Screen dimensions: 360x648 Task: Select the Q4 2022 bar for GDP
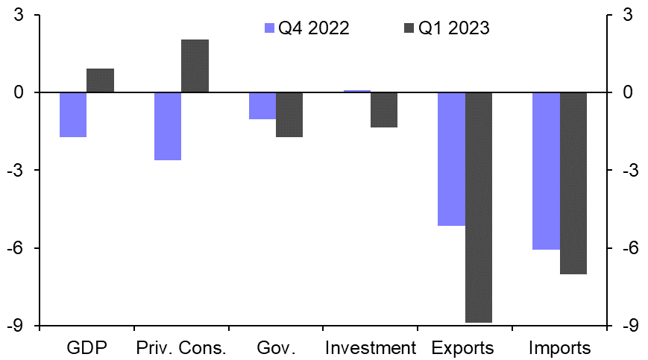point(73,115)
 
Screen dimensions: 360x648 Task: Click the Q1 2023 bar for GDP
point(100,80)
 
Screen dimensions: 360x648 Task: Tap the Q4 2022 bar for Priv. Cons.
point(168,126)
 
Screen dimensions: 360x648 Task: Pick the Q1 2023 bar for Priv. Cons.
point(195,66)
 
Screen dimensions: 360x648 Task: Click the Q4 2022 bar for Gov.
point(262,106)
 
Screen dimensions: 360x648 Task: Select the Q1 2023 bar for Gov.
point(289,115)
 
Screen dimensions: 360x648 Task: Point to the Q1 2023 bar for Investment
point(384,110)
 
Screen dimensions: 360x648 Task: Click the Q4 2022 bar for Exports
point(451,159)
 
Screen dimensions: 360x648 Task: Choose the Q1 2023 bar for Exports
point(479,207)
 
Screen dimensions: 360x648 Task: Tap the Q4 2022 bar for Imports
point(546,171)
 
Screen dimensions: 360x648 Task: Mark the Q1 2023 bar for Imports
point(573,183)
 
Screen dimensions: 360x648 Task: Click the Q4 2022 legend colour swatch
point(270,28)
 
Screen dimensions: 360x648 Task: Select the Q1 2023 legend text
point(453,28)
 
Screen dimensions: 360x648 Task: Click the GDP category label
point(87,348)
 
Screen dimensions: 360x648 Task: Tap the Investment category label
point(371,348)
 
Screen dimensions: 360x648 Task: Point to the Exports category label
point(463,348)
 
